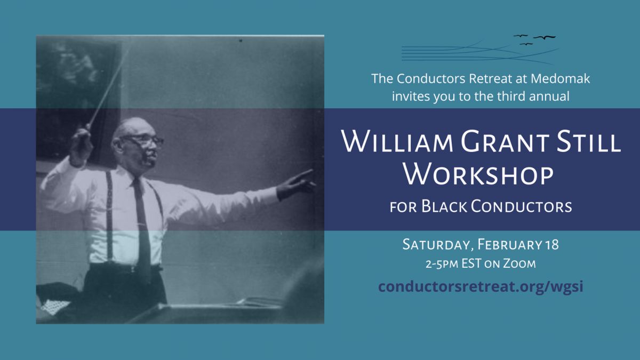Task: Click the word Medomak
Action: (x=560, y=78)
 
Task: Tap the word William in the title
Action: (x=397, y=141)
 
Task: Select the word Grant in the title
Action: (x=505, y=141)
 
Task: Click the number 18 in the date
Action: (x=552, y=245)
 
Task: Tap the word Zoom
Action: (x=519, y=263)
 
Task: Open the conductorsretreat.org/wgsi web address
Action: (x=481, y=286)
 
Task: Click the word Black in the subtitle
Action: (x=444, y=206)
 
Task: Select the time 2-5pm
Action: (x=442, y=264)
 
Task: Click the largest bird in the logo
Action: (x=545, y=37)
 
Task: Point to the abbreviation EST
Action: (x=471, y=263)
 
